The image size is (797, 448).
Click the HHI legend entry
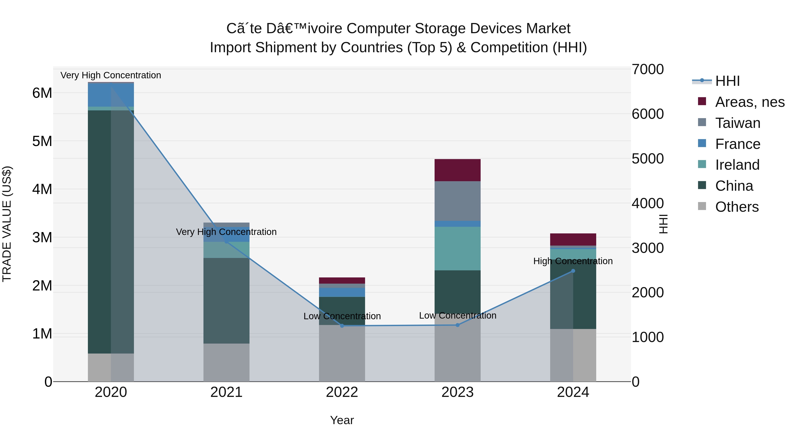click(727, 81)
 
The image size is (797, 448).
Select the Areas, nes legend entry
click(749, 102)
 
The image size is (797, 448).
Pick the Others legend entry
click(737, 207)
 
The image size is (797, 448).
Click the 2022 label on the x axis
click(342, 392)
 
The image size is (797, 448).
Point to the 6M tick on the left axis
click(42, 93)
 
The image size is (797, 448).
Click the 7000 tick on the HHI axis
click(647, 69)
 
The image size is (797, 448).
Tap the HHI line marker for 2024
click(573, 271)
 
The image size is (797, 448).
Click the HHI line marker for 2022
click(342, 326)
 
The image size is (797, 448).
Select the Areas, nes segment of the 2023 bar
click(457, 170)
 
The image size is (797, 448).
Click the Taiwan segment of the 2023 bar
click(457, 201)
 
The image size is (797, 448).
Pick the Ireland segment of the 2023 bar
click(457, 249)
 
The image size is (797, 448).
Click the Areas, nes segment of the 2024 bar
click(573, 239)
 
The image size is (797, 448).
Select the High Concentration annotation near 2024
click(573, 261)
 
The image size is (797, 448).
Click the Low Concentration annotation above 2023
click(458, 316)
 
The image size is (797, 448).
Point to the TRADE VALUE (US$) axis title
click(7, 224)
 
